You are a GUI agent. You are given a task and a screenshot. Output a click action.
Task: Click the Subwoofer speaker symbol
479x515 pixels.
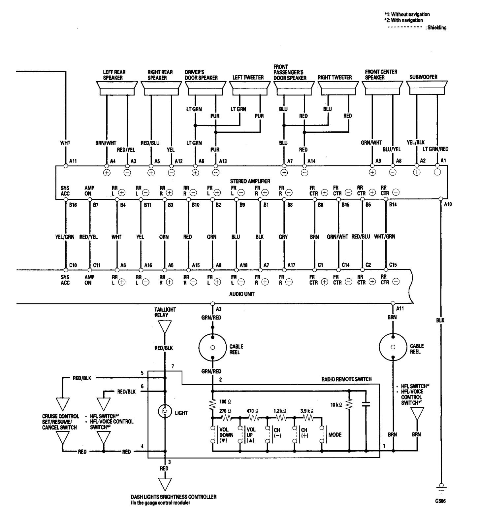point(427,87)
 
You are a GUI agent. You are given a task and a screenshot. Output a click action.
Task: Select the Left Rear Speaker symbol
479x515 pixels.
point(116,87)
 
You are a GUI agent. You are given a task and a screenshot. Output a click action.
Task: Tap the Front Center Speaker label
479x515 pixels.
point(381,74)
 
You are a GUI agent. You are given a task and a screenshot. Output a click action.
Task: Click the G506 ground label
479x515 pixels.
point(440,501)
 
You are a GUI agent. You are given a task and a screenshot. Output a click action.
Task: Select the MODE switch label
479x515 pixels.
point(335,435)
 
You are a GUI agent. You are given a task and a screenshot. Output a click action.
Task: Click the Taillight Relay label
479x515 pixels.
point(165,312)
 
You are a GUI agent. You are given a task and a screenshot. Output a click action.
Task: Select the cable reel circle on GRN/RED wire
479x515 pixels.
point(212,347)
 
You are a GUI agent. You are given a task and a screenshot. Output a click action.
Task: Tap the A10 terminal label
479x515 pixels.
point(448,204)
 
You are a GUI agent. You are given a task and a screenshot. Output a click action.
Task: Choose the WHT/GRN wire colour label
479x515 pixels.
point(384,237)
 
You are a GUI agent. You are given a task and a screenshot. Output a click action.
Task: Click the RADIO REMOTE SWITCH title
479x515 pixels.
point(346,379)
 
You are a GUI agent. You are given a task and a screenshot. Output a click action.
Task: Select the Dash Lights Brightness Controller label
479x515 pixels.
point(174,497)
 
